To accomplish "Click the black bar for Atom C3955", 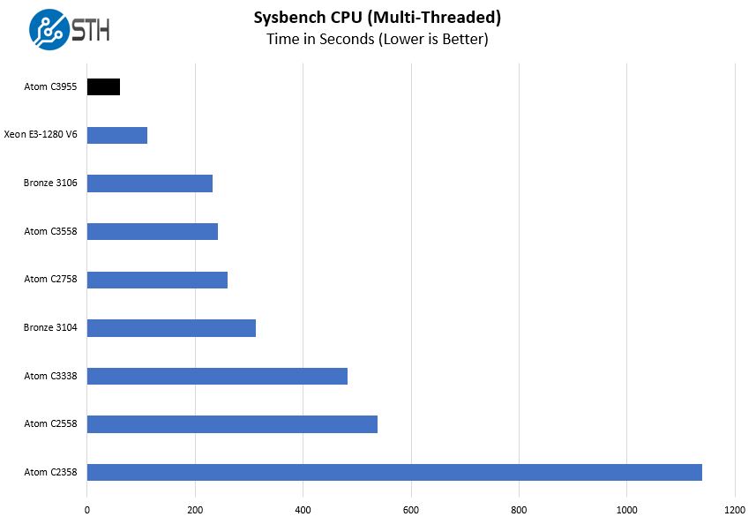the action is click(103, 86).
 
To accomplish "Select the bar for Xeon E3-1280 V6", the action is click(117, 135).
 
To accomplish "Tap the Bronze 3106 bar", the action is click(150, 183).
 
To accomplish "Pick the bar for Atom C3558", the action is click(153, 231).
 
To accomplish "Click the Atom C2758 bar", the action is click(157, 280).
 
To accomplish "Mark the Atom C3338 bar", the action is click(217, 376).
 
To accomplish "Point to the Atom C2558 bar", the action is click(232, 424).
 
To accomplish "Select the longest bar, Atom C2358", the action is click(394, 472).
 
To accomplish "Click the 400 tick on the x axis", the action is click(303, 510).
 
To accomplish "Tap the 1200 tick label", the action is click(735, 510).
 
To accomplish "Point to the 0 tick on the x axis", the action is click(86, 510).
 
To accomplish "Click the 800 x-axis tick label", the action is click(519, 510).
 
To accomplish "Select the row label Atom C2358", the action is click(50, 472).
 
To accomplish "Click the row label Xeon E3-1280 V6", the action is click(41, 135).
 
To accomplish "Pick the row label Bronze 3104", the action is click(50, 328).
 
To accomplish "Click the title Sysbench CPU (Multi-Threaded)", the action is click(377, 17).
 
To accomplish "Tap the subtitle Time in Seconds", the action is click(377, 39).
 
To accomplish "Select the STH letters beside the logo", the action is click(91, 30).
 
